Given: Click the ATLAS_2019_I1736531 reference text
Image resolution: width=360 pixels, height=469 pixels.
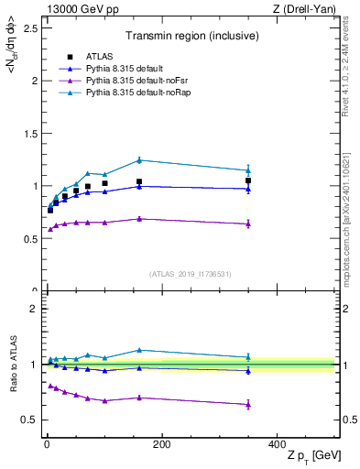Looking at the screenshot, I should click(190, 274).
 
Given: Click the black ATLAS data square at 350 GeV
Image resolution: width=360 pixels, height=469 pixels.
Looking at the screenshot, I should click(248, 180).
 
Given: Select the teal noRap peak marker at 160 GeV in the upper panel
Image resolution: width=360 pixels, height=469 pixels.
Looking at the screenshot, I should click(139, 160).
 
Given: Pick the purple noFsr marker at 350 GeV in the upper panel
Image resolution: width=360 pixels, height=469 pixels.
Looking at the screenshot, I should click(248, 224).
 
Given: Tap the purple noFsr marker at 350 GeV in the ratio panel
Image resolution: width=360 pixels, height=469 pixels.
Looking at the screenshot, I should click(248, 404).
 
